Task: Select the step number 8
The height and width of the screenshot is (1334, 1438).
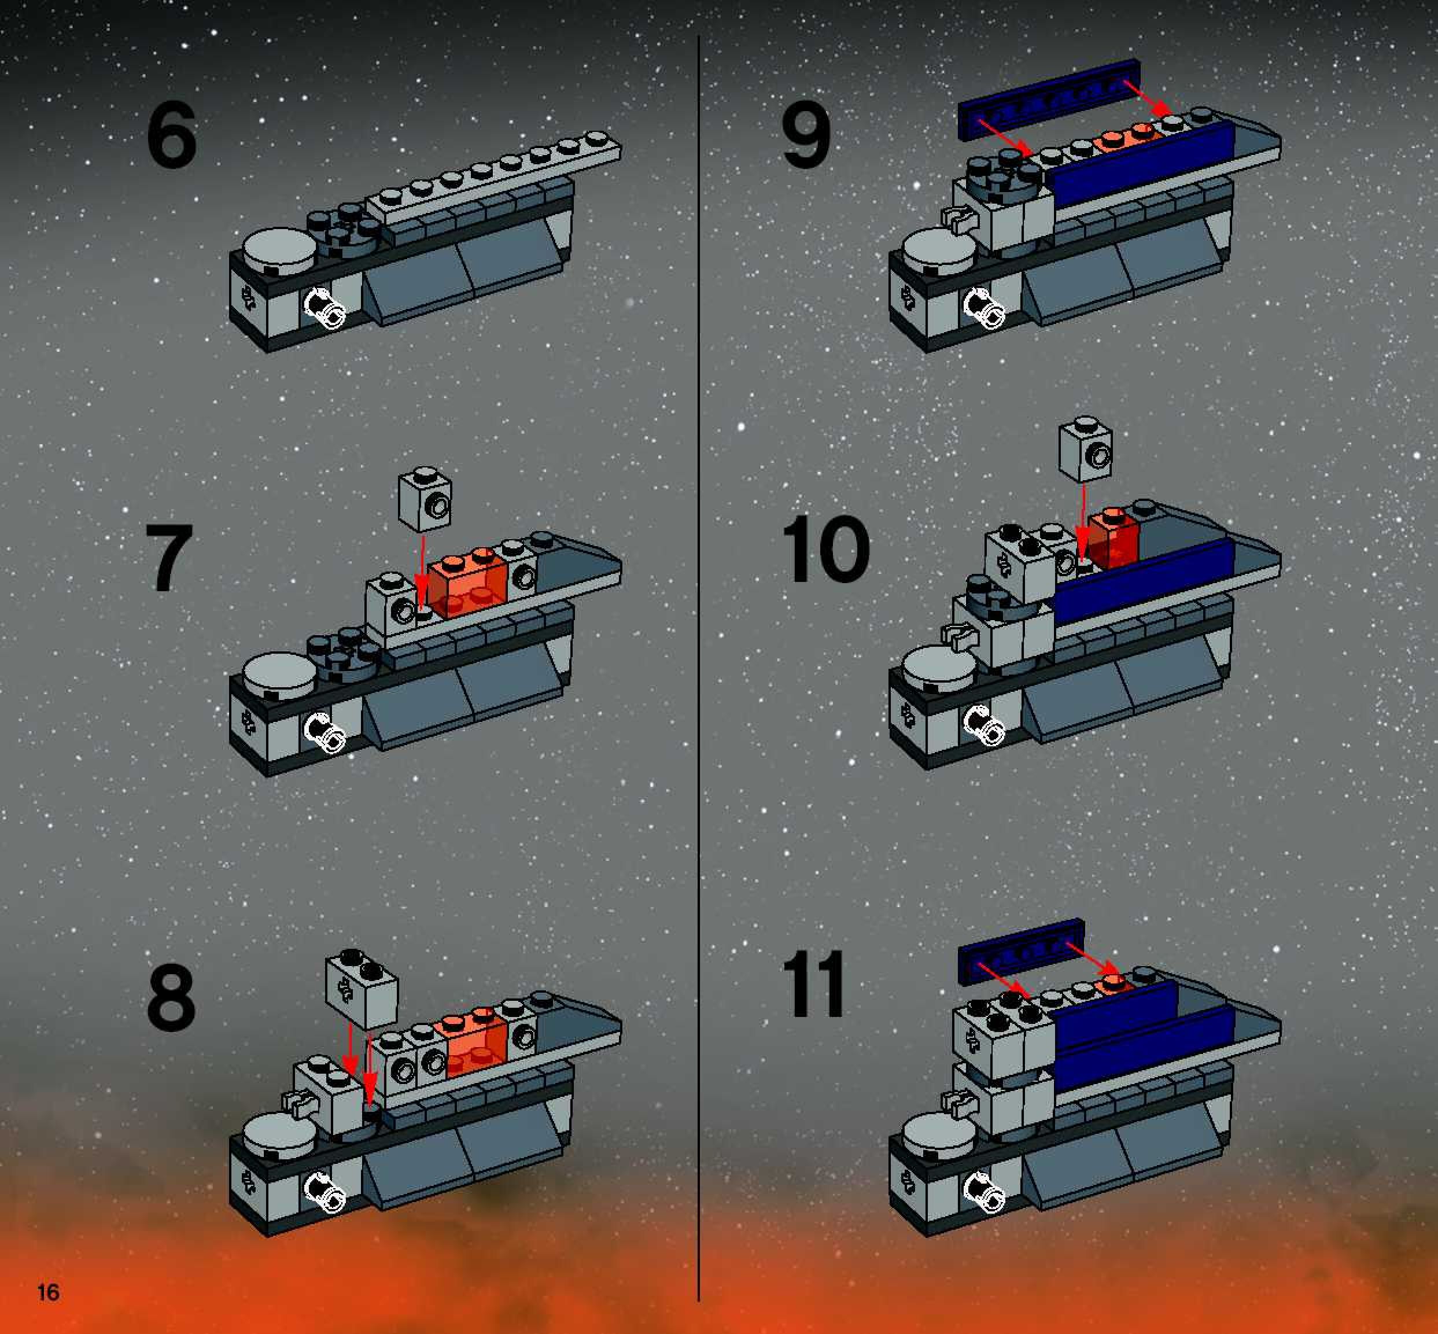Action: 171,998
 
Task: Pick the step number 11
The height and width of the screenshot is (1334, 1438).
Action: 813,984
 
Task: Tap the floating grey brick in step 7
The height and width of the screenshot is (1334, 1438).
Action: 426,498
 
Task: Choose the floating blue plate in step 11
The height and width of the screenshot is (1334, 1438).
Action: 1022,952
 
